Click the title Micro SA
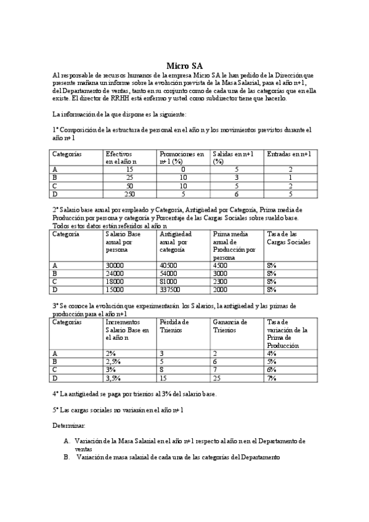click(x=185, y=66)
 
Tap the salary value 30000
click(x=115, y=265)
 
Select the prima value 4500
click(x=221, y=265)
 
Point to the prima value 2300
click(x=221, y=281)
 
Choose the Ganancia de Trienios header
click(x=229, y=326)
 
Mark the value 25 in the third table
click(x=216, y=377)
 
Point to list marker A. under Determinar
click(x=67, y=441)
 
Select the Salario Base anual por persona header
click(x=123, y=242)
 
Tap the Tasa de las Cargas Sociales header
click(x=288, y=238)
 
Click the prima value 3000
click(x=221, y=273)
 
